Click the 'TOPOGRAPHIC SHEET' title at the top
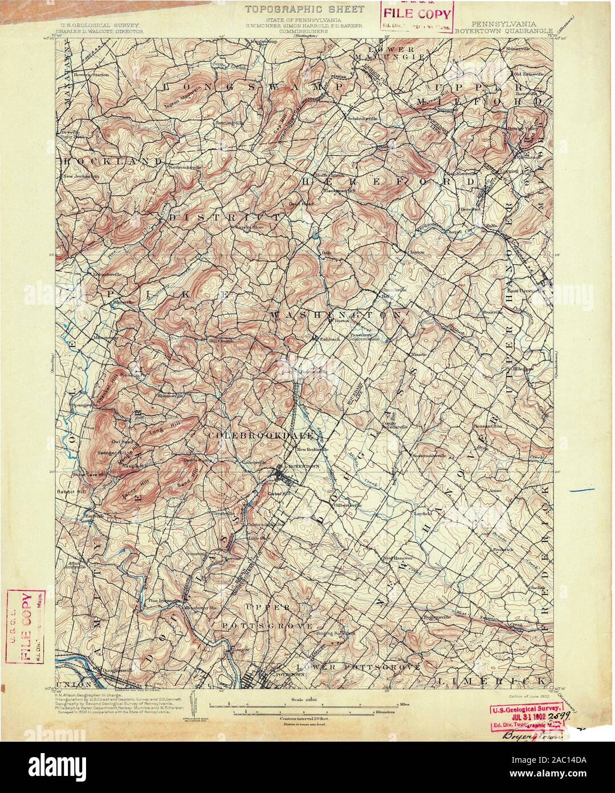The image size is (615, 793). (x=305, y=9)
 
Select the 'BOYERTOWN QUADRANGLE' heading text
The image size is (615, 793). (x=505, y=30)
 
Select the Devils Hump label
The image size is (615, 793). (x=197, y=460)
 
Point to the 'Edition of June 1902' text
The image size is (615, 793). (x=527, y=697)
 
